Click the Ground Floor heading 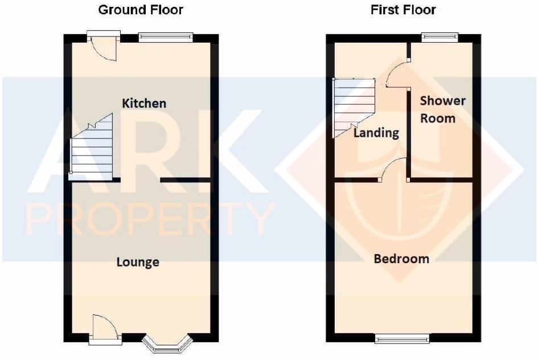(x=141, y=10)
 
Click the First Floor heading (x=403, y=10)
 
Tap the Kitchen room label (x=145, y=103)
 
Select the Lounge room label (x=138, y=262)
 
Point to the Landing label (x=376, y=133)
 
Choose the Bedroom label (x=401, y=259)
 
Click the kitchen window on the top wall (x=166, y=38)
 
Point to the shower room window (x=439, y=38)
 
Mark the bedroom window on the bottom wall (x=402, y=338)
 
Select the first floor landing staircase (x=353, y=108)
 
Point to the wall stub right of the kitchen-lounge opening (x=186, y=181)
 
